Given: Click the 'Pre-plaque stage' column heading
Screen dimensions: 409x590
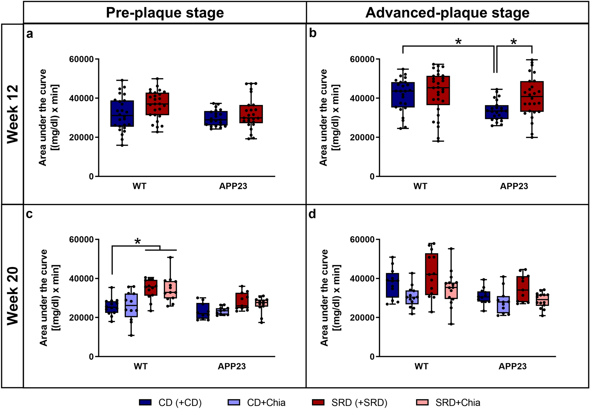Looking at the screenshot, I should coord(165,13).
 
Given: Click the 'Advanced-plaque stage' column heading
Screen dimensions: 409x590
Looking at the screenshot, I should coord(447,13).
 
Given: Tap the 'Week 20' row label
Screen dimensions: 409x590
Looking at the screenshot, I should coord(13,296).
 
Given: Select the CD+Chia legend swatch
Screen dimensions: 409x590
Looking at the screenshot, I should coord(234,402).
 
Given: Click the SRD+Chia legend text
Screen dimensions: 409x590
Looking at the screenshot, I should coord(458,403).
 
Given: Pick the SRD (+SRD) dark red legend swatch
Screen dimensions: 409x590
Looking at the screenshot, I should coord(318,402).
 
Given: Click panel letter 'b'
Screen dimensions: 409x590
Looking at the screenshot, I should coord(313,33).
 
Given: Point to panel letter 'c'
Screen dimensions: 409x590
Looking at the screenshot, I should coord(29,214).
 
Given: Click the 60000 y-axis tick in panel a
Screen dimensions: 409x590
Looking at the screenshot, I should coord(81,59).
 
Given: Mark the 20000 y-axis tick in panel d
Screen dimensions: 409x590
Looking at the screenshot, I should coord(362,318).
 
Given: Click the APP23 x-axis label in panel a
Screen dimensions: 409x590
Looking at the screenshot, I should coord(233,186).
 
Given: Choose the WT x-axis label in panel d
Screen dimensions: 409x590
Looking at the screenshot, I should coord(421,366).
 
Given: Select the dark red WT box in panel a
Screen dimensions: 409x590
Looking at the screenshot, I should coord(157,104).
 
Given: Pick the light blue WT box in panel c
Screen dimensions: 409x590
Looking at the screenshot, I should coord(131,305).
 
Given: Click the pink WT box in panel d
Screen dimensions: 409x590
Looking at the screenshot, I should coord(451,290).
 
